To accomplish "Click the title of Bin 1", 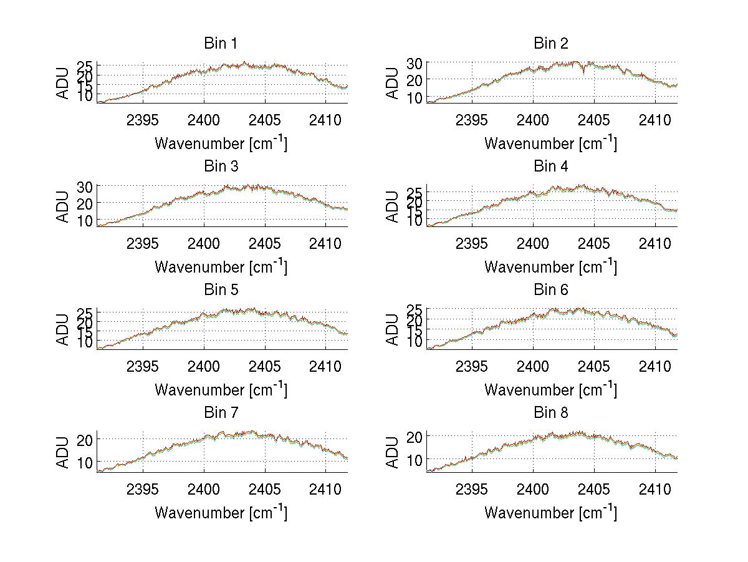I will click(x=221, y=44).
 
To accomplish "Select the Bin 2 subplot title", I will click(x=550, y=44).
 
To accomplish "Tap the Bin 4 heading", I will click(x=550, y=167).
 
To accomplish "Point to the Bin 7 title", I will click(x=221, y=413).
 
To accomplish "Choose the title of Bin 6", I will click(x=550, y=290).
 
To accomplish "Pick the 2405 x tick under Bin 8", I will click(x=593, y=488).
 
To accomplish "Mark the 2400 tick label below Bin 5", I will click(x=204, y=366).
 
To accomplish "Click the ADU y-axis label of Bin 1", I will click(x=64, y=82).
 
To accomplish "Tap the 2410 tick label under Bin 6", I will click(x=654, y=366).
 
